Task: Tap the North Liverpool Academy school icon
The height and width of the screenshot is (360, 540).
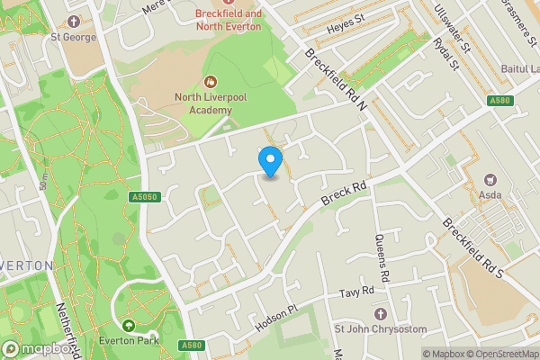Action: point(211,82)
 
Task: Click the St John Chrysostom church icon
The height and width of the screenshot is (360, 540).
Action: point(380,313)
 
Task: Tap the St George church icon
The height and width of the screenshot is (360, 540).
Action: point(72,21)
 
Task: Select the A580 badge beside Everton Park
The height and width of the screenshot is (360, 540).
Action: point(190,345)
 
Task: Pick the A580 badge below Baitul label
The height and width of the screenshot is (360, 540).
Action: point(500,101)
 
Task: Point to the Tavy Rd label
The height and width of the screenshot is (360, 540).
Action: point(356,294)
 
